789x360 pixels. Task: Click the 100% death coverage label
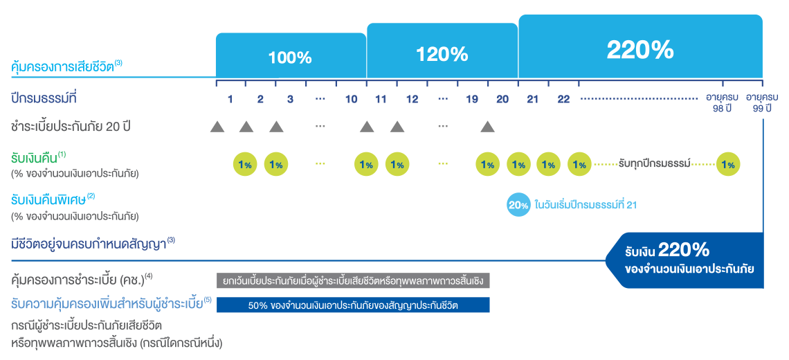[x=290, y=57]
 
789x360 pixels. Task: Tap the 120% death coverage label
[x=442, y=54]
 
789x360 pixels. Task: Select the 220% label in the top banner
[x=640, y=49]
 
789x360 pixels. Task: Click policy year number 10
[x=351, y=100]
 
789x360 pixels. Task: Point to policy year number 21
[x=532, y=100]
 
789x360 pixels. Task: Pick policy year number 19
[x=472, y=100]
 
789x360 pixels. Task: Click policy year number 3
[x=290, y=100]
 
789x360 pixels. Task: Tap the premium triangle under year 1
[x=217, y=127]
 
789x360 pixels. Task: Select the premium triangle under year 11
[x=367, y=127]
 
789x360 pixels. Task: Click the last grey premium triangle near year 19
[x=487, y=127]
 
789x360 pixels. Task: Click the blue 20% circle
[x=518, y=205]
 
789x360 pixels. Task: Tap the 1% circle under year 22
[x=580, y=165]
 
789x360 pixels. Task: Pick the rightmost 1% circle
[x=727, y=165]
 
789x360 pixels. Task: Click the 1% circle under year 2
[x=275, y=165]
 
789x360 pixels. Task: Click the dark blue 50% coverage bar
[x=353, y=305]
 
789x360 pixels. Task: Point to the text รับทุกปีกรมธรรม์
[x=653, y=165]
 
